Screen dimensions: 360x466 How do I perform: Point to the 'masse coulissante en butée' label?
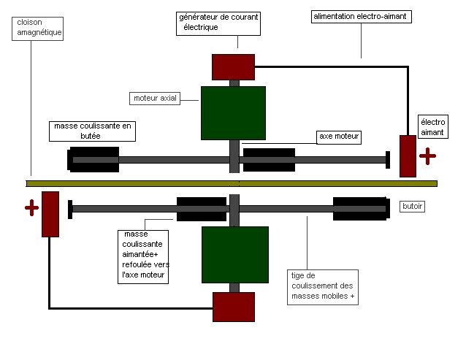tap(94, 130)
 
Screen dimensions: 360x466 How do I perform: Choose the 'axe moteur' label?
tap(340, 137)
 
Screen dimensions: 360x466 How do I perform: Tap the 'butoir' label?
tap(413, 207)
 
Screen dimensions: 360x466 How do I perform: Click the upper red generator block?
tap(233, 66)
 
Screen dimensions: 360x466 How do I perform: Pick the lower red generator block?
tap(233, 307)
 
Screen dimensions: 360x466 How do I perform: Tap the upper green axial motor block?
tap(233, 113)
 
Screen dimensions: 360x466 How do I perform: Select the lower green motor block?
tap(233, 254)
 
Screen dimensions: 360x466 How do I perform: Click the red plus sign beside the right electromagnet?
tap(427, 156)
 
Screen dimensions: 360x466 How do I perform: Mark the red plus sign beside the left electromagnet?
tap(31, 208)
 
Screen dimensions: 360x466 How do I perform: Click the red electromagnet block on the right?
tap(408, 156)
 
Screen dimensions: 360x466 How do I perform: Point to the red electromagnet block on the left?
tap(50, 213)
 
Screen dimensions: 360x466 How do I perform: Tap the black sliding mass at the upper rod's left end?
tap(93, 159)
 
